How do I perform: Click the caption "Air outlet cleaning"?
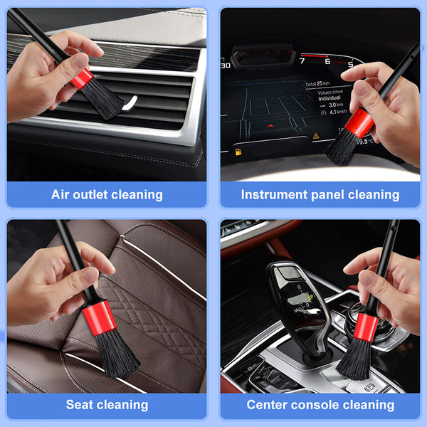click(107, 194)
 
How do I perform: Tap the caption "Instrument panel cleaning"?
click(320, 194)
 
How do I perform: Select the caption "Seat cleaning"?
click(107, 405)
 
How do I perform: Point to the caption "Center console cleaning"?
click(320, 405)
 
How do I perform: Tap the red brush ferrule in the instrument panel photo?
click(360, 124)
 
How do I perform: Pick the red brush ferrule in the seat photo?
click(100, 317)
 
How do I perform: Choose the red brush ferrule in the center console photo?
click(365, 326)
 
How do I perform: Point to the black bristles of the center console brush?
click(354, 359)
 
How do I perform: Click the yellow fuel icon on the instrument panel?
click(237, 152)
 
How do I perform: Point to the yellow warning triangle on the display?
click(315, 135)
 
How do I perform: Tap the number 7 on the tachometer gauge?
click(301, 61)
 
